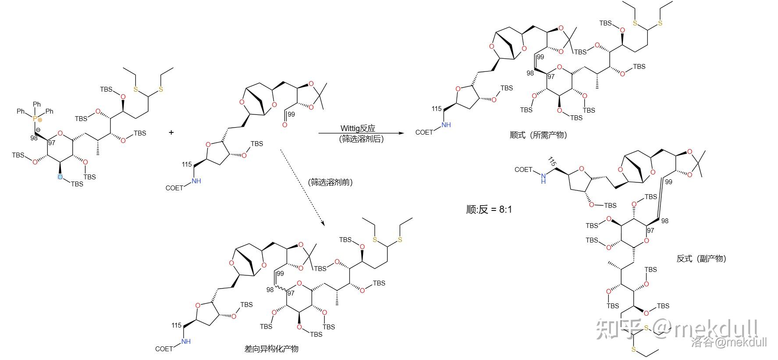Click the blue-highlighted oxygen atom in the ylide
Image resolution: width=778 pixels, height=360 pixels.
point(60,177)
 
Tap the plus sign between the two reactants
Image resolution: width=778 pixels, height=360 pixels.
point(171,132)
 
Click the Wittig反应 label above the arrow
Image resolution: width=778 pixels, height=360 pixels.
point(358,128)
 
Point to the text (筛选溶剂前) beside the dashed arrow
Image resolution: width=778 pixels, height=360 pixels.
point(330,182)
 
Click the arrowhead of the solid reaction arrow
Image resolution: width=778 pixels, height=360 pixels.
point(401,132)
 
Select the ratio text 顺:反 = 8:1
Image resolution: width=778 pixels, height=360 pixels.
point(489,210)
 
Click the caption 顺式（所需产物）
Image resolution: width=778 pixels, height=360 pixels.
point(539,135)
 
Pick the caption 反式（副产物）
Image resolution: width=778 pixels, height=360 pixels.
point(701,259)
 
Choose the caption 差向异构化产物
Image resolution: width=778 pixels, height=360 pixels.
point(271,349)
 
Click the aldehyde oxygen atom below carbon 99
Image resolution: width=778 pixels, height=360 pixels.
point(285,125)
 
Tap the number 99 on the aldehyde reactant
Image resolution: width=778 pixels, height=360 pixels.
point(291,114)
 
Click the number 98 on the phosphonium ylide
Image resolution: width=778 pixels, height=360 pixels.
point(34,138)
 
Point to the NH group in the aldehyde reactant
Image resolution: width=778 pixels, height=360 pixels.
point(196,181)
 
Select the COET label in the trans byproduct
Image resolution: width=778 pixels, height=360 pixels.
point(523,170)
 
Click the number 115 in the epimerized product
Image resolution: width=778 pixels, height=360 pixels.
point(176,325)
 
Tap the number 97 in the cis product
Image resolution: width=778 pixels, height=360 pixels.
point(551,76)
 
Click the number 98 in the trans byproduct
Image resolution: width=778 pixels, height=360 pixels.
point(664,221)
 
